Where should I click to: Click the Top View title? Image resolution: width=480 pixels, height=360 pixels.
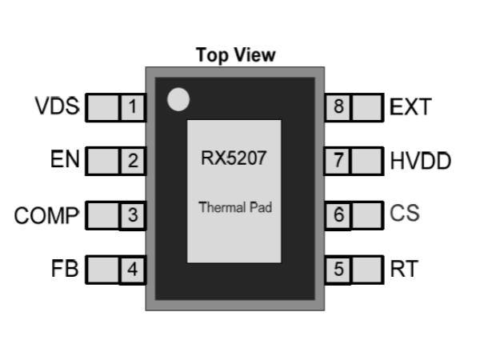[x=235, y=55]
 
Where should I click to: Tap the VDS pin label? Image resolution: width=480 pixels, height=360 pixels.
[x=58, y=106]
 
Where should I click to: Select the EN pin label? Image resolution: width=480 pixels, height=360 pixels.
[x=64, y=160]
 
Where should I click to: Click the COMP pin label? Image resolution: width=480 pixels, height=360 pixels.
[x=47, y=215]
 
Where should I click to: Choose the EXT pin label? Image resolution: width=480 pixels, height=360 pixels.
[x=410, y=106]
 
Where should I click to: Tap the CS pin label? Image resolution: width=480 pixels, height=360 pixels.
[x=405, y=214]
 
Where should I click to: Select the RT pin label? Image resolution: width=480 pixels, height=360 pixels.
[x=404, y=269]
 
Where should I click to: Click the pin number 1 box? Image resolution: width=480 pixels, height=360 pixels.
[x=132, y=106]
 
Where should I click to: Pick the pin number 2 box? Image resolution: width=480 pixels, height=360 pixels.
[x=132, y=161]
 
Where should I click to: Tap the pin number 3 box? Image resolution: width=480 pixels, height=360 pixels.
[x=132, y=215]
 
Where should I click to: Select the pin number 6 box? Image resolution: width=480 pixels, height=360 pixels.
[x=338, y=215]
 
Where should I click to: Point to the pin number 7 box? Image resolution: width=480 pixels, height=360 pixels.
[x=338, y=161]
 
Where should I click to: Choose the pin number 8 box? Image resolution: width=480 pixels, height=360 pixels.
[x=338, y=106]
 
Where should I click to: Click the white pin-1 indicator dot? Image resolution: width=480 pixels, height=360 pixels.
[x=178, y=100]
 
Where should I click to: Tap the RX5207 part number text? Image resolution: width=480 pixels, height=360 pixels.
[x=234, y=158]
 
